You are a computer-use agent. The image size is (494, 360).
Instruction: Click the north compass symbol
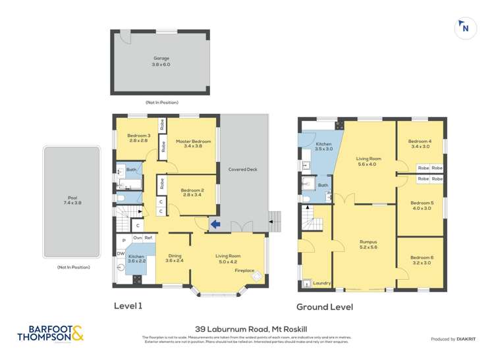tap(465, 28)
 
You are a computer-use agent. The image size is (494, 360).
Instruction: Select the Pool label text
tap(72, 200)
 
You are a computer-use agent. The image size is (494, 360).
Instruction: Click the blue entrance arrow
tap(215, 225)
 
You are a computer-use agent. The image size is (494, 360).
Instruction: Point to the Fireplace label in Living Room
tap(245, 270)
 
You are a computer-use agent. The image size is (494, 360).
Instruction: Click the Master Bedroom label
tap(193, 143)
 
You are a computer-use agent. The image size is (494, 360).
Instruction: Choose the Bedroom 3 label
tap(140, 138)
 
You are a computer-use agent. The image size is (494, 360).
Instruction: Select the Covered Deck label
tap(242, 169)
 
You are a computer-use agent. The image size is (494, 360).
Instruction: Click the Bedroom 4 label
tap(420, 143)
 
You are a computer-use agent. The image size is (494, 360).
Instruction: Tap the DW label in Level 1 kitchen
tap(121, 253)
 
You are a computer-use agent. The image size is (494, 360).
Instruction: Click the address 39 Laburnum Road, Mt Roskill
tap(246, 330)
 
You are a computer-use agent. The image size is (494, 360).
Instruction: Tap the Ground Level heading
tap(324, 307)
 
